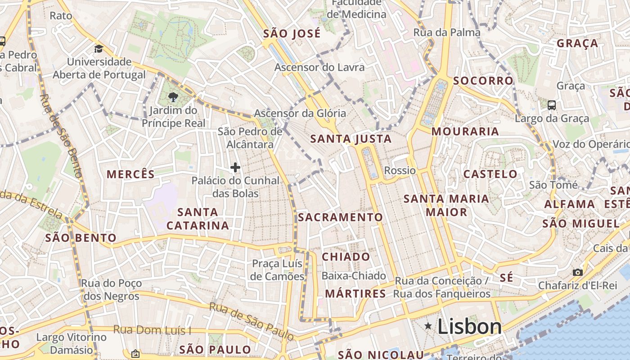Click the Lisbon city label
[x=469, y=327]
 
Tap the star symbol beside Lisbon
[x=428, y=326]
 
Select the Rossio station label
[x=400, y=171]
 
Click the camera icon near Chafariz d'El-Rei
[x=577, y=272]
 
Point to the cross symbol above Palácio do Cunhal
[x=235, y=168]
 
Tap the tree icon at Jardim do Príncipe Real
[x=173, y=96]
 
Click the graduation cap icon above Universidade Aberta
[x=99, y=49]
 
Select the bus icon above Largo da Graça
[x=552, y=105]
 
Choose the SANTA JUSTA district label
[x=351, y=139]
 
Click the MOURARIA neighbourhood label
[x=465, y=131]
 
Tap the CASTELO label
[x=490, y=174]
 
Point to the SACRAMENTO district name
[x=340, y=217]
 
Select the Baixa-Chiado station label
[x=354, y=276]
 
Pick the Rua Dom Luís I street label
[x=152, y=330]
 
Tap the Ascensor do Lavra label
[x=319, y=67]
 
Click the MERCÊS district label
[x=130, y=175]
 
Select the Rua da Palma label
[x=447, y=32]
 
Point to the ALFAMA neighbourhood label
[x=569, y=204]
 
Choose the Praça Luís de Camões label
[x=277, y=270]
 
